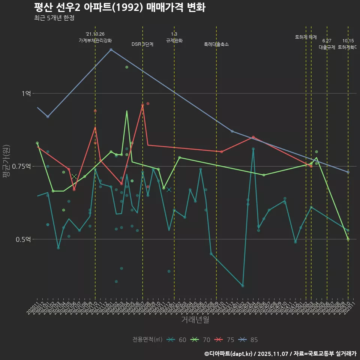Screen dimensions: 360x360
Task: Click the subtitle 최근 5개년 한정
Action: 54,18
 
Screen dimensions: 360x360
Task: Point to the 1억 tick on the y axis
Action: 26,93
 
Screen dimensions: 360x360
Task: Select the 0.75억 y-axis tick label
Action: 23,166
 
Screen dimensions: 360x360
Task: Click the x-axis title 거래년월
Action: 195,319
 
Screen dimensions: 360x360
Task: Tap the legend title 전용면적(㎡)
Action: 147,340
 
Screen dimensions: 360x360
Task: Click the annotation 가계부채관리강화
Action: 95,40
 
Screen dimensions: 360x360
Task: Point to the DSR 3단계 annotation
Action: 142,44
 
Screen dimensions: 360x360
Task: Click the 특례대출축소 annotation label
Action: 216,44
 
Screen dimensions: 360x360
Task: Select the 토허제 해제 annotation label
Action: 306,37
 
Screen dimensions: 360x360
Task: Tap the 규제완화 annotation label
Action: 174,40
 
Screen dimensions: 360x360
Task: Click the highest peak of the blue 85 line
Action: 111,49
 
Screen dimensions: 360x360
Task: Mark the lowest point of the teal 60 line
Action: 243,286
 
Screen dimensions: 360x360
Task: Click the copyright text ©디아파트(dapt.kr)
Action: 229,353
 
